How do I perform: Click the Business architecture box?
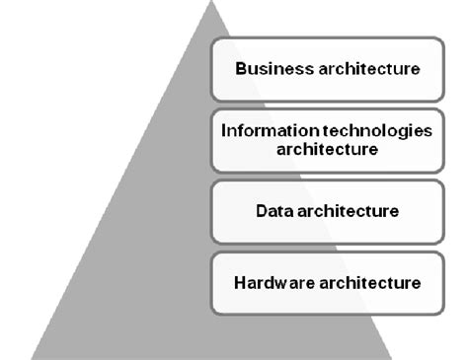coord(327,69)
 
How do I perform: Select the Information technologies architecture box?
coord(327,140)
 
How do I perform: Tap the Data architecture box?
coord(327,211)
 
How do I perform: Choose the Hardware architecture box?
coord(327,282)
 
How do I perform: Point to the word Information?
coord(262,131)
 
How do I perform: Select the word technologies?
coord(366,131)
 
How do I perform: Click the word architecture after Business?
coord(364,69)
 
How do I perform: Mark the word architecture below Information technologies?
coord(327,149)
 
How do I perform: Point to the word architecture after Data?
coord(348,211)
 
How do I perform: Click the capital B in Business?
coord(239,69)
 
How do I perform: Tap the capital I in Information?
coord(225,131)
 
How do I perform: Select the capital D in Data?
coord(260,211)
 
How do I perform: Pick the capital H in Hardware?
coord(239,282)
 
